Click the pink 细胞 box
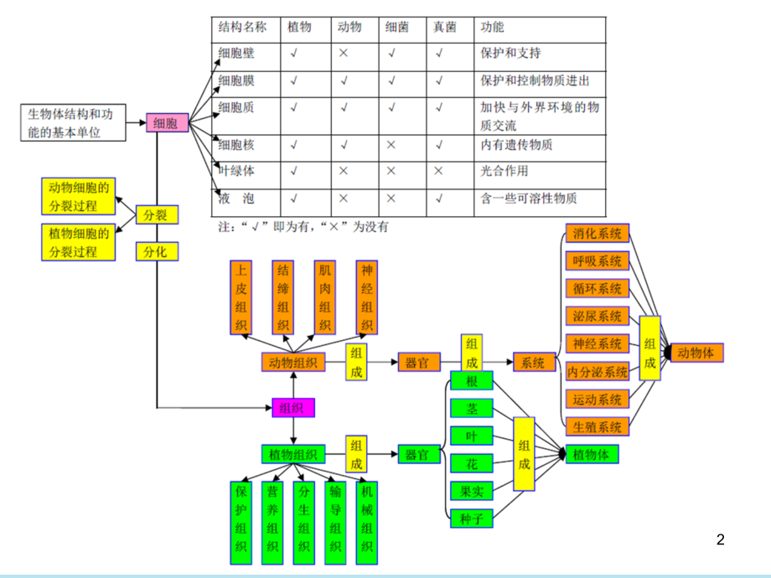click(x=167, y=123)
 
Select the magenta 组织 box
click(x=293, y=408)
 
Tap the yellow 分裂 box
click(x=157, y=215)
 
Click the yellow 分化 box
click(x=157, y=250)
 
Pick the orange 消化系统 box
click(x=598, y=234)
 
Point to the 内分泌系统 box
click(x=598, y=371)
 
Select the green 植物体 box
click(x=592, y=455)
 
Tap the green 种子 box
click(x=472, y=519)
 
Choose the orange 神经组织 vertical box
click(x=367, y=297)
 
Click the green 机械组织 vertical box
click(x=367, y=522)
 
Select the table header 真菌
click(x=444, y=28)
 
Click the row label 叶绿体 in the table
click(x=236, y=171)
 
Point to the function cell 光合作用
click(x=505, y=171)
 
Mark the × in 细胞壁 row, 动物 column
click(x=344, y=54)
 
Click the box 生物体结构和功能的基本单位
click(x=75, y=123)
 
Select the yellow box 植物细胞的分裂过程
click(x=79, y=242)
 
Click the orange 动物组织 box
click(x=293, y=363)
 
